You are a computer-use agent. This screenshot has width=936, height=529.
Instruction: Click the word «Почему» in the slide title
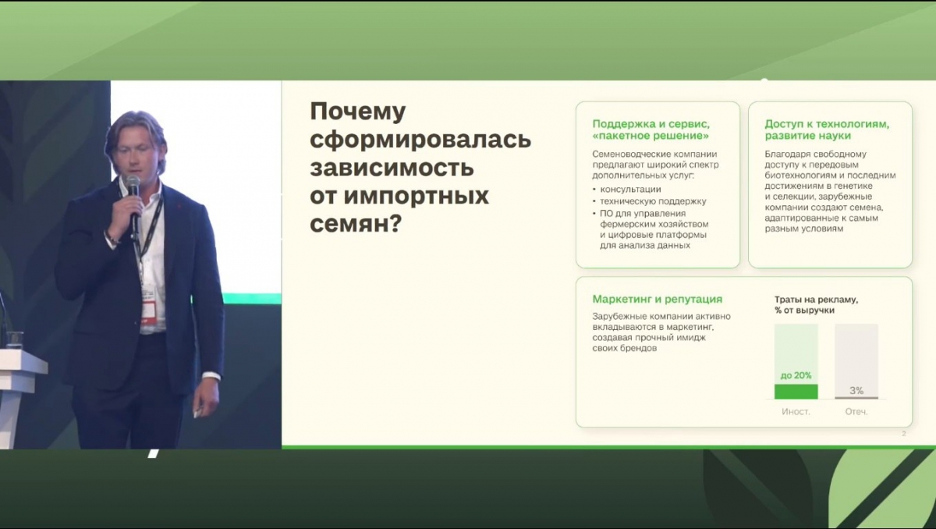(358, 112)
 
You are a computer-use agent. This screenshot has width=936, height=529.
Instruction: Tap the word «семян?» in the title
(356, 224)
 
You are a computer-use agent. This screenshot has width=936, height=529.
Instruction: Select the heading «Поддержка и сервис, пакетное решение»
(651, 130)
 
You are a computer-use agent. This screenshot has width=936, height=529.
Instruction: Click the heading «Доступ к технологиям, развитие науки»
(827, 130)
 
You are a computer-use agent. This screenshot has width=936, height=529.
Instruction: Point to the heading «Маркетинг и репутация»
(658, 299)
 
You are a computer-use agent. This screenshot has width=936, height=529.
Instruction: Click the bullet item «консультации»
(630, 190)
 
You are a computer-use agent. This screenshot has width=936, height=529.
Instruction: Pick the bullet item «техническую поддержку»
(653, 201)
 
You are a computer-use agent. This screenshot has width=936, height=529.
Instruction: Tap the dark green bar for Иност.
(796, 392)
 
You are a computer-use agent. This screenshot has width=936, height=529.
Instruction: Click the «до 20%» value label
(796, 375)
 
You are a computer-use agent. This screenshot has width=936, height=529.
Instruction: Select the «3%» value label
(856, 390)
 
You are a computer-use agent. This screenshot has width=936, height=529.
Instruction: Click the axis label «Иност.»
(796, 412)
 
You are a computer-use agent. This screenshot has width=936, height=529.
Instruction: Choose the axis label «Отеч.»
(856, 412)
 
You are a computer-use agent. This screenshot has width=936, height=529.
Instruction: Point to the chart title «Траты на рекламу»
(816, 300)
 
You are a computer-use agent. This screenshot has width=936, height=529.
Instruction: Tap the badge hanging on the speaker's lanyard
(149, 308)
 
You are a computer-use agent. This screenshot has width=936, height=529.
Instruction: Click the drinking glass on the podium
(15, 339)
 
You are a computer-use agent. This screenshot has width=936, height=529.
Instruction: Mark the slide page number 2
(904, 434)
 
